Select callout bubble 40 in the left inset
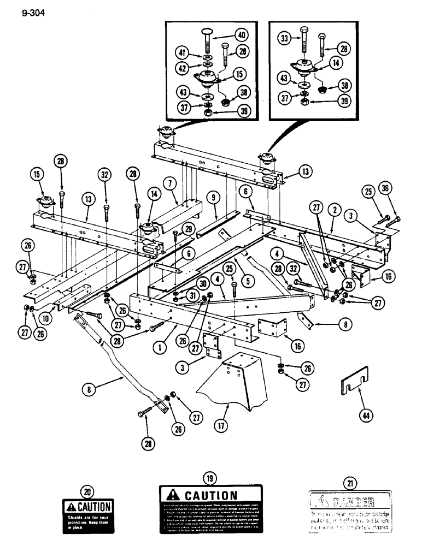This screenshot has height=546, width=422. tap(241, 34)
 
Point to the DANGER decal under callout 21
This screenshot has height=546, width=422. tap(350, 509)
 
